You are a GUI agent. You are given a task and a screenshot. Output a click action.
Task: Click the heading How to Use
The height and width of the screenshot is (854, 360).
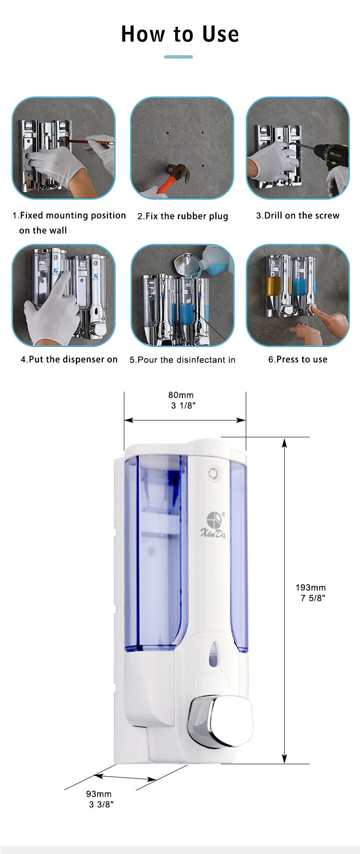click(180, 34)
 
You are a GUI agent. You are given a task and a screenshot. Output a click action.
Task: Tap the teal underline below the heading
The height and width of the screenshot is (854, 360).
click(179, 57)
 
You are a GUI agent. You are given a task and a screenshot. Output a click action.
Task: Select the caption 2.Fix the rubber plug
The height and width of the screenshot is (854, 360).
click(183, 216)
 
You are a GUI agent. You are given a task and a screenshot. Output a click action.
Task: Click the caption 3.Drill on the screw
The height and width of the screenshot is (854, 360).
click(298, 216)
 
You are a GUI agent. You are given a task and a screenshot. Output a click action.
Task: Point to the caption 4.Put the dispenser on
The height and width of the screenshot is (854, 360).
click(69, 360)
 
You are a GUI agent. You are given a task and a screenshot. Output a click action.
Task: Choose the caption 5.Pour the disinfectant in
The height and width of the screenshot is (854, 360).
click(182, 360)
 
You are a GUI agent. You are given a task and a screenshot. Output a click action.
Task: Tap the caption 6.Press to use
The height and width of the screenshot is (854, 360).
click(298, 360)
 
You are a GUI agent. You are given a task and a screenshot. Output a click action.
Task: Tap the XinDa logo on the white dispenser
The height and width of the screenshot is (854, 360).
click(213, 524)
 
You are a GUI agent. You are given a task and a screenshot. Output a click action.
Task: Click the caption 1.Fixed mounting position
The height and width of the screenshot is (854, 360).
click(69, 216)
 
